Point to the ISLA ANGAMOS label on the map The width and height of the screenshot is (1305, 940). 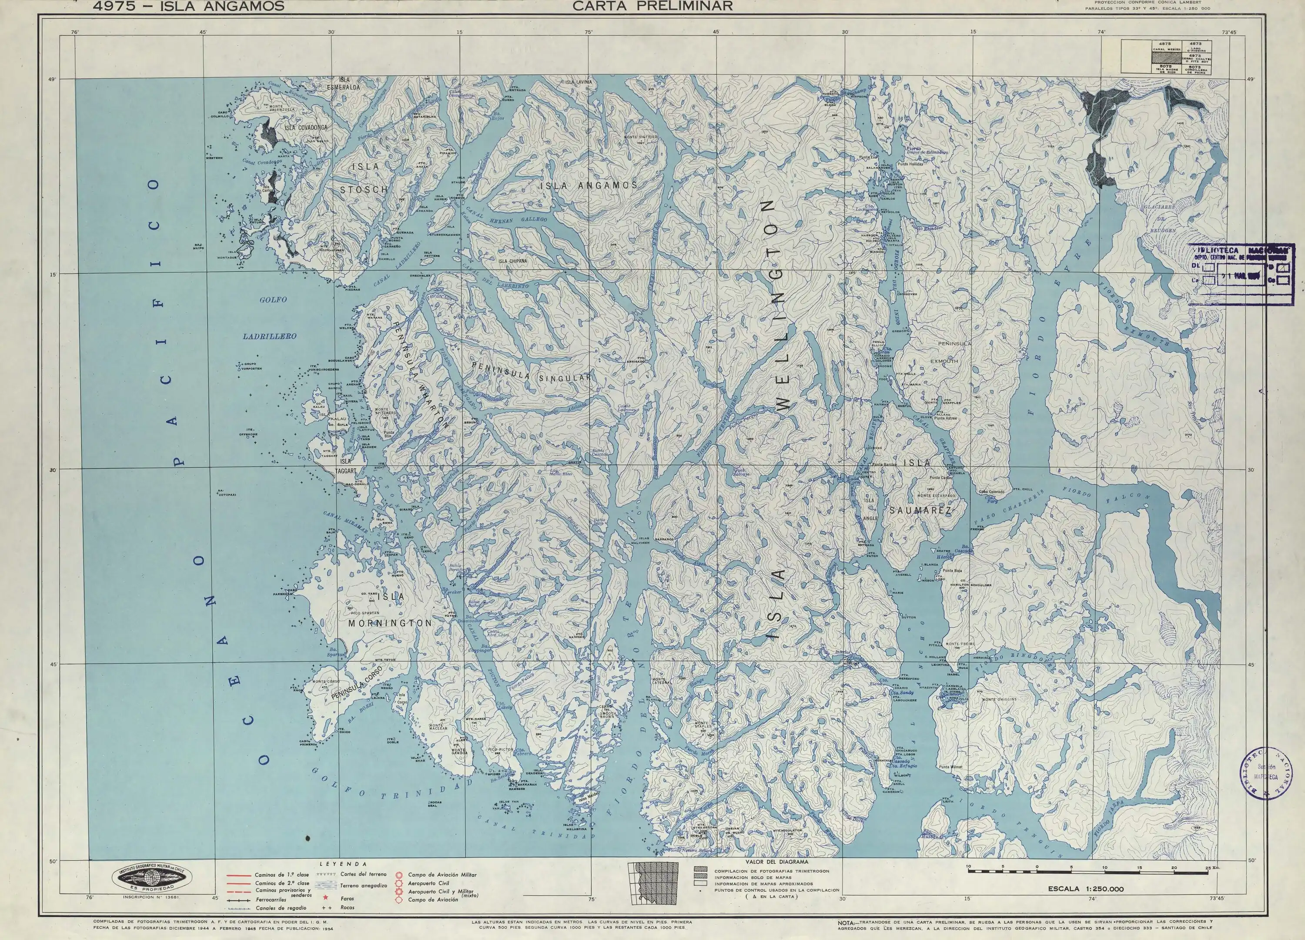click(589, 185)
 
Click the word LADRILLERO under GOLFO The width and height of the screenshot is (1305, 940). click(269, 336)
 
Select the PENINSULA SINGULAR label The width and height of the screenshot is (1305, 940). click(531, 373)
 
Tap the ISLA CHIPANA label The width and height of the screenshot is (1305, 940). click(512, 261)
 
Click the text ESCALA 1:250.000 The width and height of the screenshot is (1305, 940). click(1085, 889)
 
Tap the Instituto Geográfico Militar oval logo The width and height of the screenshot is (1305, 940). click(151, 878)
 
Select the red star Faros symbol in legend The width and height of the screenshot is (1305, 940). click(326, 898)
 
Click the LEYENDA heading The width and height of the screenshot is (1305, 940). click(344, 864)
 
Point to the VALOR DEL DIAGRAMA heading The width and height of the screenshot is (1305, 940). click(776, 862)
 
